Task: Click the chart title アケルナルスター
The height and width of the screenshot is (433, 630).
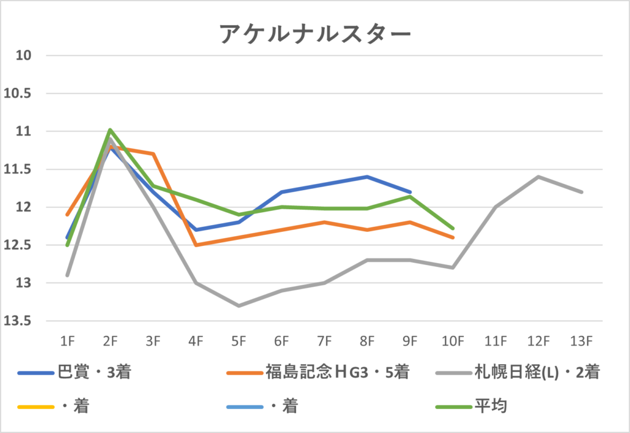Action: (314, 34)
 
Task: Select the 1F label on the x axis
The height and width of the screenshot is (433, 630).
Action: (67, 340)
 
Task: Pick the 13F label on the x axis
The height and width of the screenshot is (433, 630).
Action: (581, 340)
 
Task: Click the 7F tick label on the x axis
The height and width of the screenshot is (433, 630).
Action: (324, 340)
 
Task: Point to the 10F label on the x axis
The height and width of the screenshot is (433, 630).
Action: (453, 340)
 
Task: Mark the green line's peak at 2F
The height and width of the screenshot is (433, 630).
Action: (110, 130)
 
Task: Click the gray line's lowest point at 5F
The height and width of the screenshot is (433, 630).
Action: (239, 306)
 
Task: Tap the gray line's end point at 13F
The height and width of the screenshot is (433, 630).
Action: (581, 192)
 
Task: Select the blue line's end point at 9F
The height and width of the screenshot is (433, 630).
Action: (410, 192)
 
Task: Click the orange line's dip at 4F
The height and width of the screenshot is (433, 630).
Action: (196, 245)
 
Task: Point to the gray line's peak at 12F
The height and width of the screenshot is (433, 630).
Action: (538, 177)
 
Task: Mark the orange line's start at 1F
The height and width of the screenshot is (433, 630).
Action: (67, 215)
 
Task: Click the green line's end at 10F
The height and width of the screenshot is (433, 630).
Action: (453, 228)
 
